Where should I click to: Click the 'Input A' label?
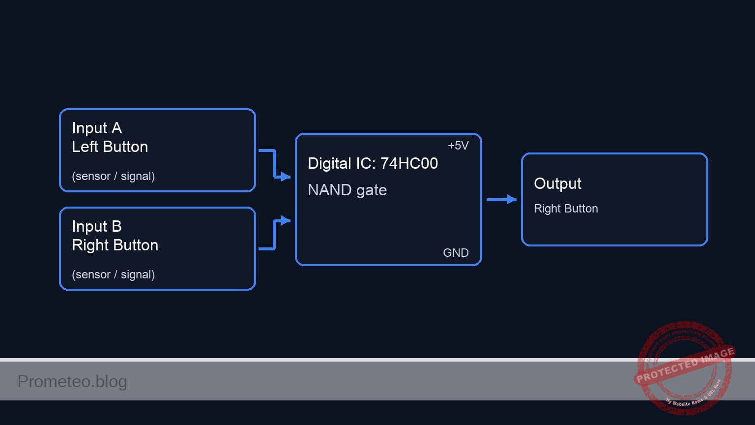[96, 128]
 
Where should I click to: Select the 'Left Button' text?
[110, 147]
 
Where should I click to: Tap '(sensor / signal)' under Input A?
[113, 176]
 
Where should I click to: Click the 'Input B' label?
[96, 226]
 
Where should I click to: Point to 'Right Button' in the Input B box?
[115, 245]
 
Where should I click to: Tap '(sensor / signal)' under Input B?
[113, 274]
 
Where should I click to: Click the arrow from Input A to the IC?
[274, 164]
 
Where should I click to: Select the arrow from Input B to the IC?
[274, 235]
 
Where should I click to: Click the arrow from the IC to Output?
[500, 199]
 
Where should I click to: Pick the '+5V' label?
[458, 146]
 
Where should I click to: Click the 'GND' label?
[456, 253]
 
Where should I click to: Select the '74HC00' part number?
[409, 163]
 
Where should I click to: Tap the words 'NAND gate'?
[347, 190]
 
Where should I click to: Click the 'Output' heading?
[557, 183]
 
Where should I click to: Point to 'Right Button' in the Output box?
[566, 209]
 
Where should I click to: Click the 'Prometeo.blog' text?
[72, 381]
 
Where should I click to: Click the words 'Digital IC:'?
[342, 163]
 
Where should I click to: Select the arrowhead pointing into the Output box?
[512, 199]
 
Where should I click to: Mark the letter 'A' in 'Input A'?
[116, 128]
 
